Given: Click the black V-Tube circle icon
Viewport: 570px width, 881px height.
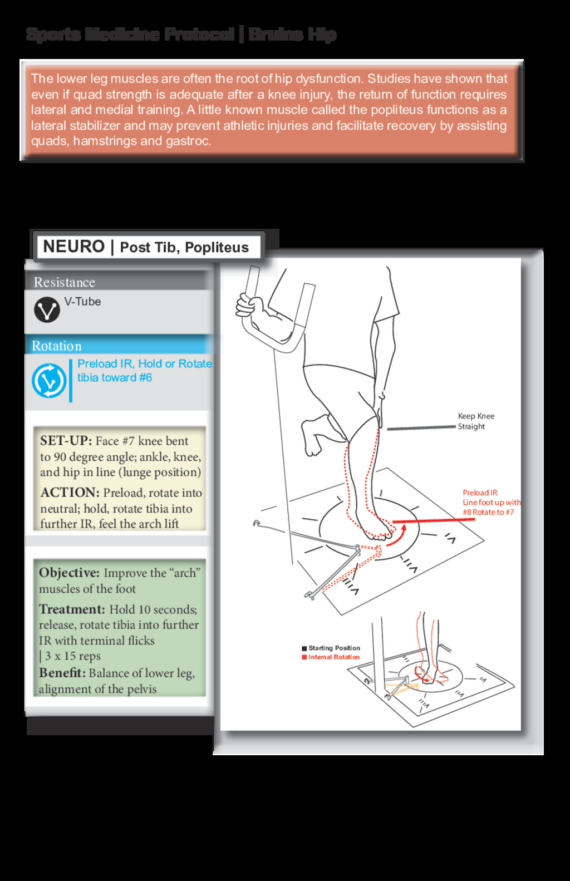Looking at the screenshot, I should coord(47,310).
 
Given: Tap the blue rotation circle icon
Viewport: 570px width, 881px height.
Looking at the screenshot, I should coord(48,381).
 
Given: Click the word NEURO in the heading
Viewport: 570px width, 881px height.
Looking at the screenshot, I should coord(73,247).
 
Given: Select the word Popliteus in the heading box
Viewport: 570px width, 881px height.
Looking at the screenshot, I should coord(217,248).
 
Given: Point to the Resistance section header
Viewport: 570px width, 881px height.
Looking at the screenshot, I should coord(64,282).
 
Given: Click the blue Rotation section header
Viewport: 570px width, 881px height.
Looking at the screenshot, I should coord(56,346).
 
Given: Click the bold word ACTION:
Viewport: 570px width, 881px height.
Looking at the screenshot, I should coord(70,493).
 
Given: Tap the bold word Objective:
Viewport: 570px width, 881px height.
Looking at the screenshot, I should coord(69,573).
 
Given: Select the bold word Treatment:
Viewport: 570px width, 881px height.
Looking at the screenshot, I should coord(72,609).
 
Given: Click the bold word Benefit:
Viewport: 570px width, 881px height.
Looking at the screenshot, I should coord(62,673).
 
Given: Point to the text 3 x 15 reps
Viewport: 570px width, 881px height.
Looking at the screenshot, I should coord(72,656).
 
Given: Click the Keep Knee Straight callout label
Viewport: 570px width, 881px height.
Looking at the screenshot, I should coord(475,421).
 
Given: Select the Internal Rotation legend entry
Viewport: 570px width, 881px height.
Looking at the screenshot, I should coord(333,657).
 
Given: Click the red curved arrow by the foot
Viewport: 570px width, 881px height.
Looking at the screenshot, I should coord(396,535).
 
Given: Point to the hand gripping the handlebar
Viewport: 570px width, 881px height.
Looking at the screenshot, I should coord(250,306).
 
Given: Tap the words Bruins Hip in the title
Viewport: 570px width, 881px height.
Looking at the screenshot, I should coord(292,35).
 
